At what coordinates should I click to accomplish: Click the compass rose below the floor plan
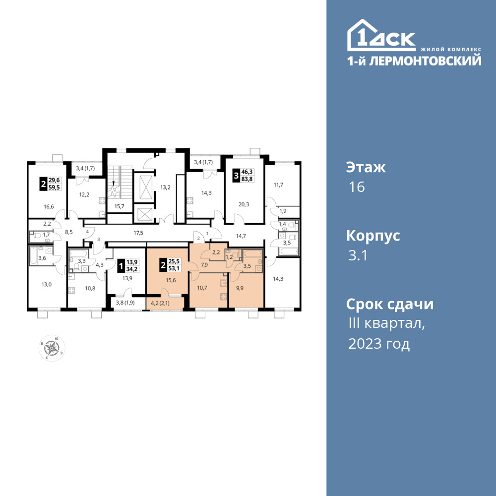[x=52, y=348]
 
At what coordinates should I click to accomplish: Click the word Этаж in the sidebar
[x=366, y=167]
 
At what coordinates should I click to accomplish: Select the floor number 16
[x=357, y=187]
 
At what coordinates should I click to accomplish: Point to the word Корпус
[x=373, y=236]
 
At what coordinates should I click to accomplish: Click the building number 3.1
[x=358, y=255]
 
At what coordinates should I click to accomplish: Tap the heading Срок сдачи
[x=390, y=304]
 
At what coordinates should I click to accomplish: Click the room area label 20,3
[x=244, y=204]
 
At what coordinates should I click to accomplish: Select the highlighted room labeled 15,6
[x=171, y=280]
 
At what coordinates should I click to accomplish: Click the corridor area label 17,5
[x=138, y=233]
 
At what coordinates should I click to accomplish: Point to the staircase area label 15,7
[x=119, y=206]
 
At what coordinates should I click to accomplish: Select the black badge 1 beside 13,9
[x=121, y=265]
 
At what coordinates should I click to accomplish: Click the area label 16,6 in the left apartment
[x=49, y=206]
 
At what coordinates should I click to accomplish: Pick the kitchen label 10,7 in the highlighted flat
[x=202, y=288]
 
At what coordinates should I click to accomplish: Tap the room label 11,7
[x=278, y=185]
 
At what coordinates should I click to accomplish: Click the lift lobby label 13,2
[x=165, y=187]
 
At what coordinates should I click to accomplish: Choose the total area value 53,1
[x=174, y=268]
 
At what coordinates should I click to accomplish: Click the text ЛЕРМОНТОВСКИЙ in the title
[x=426, y=61]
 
